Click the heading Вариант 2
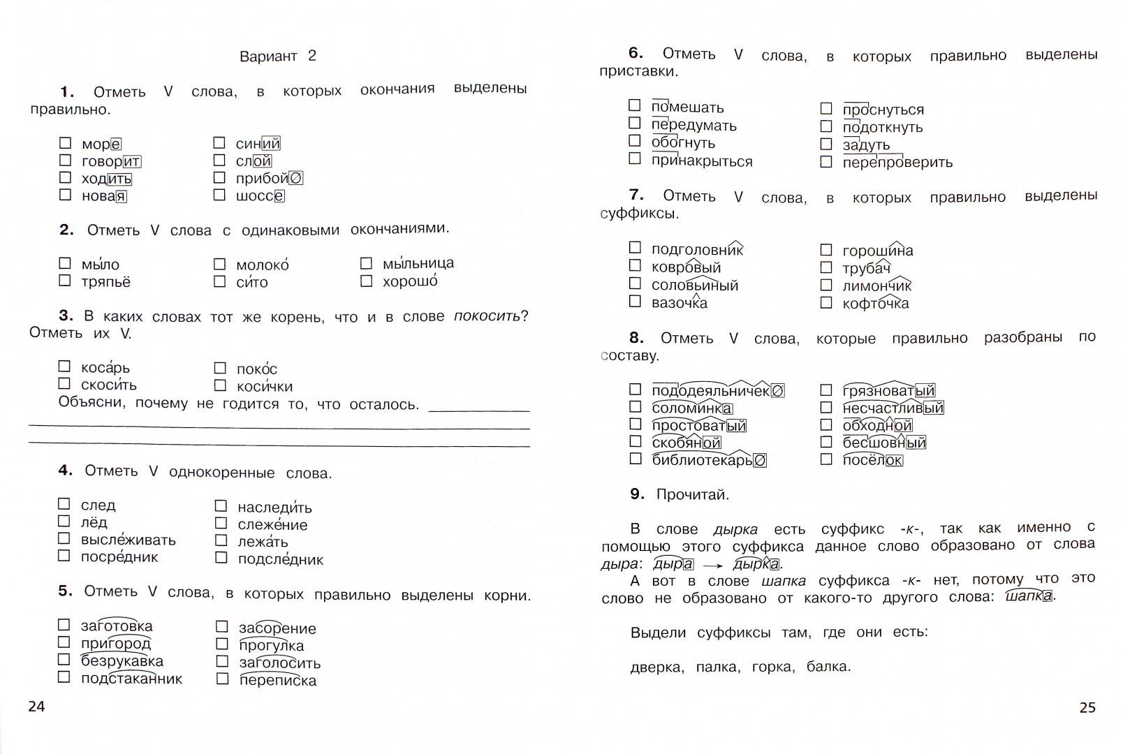point(277,57)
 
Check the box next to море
point(65,143)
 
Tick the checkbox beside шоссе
point(219,195)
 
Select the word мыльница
point(418,263)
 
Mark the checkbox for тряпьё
point(65,281)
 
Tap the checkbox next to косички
point(220,385)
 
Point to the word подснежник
point(280,559)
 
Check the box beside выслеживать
point(64,538)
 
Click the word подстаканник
point(131,679)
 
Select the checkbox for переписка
point(222,679)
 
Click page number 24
point(36,707)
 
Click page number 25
point(1087,708)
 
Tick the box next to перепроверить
point(826,162)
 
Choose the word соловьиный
point(694,286)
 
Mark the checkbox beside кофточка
point(826,302)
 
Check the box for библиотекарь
point(635,459)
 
